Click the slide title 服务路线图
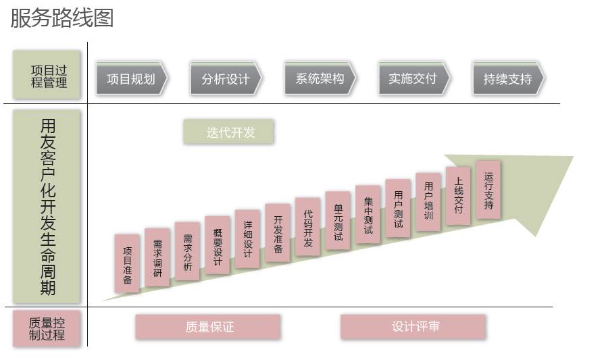[x=62, y=18]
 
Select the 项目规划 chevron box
[x=132, y=78]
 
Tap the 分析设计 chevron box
[x=226, y=78]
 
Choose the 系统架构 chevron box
[x=320, y=78]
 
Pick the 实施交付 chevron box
[x=414, y=78]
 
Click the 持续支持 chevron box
[x=509, y=78]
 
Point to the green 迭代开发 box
[x=229, y=132]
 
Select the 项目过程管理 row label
[x=47, y=75]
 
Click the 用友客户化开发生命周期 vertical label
[x=47, y=207]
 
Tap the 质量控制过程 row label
[x=47, y=328]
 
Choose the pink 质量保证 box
[x=208, y=328]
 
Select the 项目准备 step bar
[x=127, y=263]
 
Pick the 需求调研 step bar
[x=157, y=257]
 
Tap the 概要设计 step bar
[x=218, y=245]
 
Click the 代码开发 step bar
[x=308, y=227]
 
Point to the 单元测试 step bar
[x=338, y=221]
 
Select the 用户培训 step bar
[x=428, y=202]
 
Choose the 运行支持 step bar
[x=488, y=190]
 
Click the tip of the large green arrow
[x=573, y=157]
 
